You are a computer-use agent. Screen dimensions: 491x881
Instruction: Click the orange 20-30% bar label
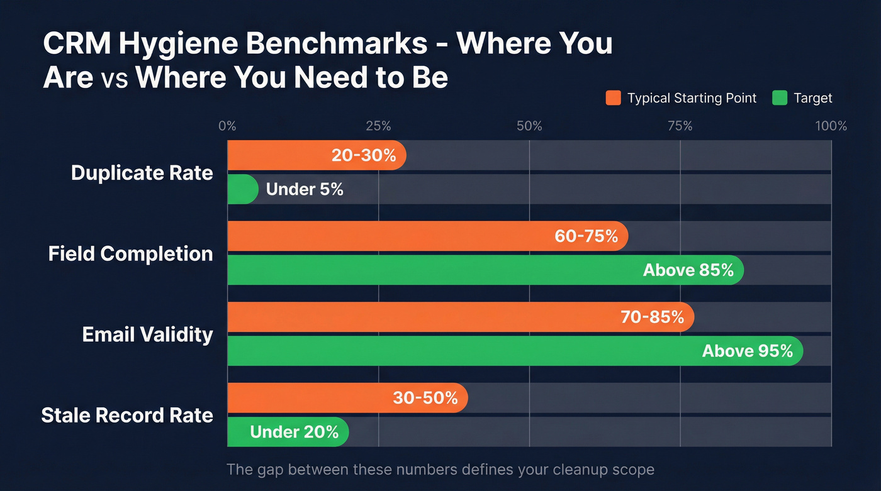[364, 155]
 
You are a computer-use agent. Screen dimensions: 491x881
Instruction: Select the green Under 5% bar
[242, 189]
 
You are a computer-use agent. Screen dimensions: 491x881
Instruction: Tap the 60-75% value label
[586, 236]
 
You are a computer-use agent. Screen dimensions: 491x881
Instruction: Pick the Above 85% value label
[688, 270]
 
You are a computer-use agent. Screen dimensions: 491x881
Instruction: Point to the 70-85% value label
[652, 317]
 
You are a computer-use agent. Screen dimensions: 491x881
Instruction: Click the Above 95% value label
[747, 351]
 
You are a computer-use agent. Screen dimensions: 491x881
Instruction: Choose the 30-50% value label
[425, 398]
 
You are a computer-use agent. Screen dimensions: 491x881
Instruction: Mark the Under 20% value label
[294, 432]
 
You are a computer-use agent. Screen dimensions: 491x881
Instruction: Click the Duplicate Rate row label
[142, 173]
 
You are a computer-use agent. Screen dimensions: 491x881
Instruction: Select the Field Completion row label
[130, 253]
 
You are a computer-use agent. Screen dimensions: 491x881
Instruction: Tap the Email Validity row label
[147, 334]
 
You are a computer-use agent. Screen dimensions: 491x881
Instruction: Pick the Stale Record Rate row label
[126, 415]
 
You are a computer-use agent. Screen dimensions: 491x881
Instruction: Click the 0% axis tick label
[227, 126]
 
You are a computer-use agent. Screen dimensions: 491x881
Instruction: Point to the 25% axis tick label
[378, 126]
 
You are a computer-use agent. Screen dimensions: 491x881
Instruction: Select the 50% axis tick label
[529, 126]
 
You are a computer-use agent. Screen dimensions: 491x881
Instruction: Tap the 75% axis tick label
[680, 126]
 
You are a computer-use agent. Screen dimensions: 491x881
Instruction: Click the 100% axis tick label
[831, 126]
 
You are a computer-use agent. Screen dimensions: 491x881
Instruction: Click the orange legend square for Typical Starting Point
[613, 98]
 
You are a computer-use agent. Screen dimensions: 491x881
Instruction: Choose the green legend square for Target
[779, 98]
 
